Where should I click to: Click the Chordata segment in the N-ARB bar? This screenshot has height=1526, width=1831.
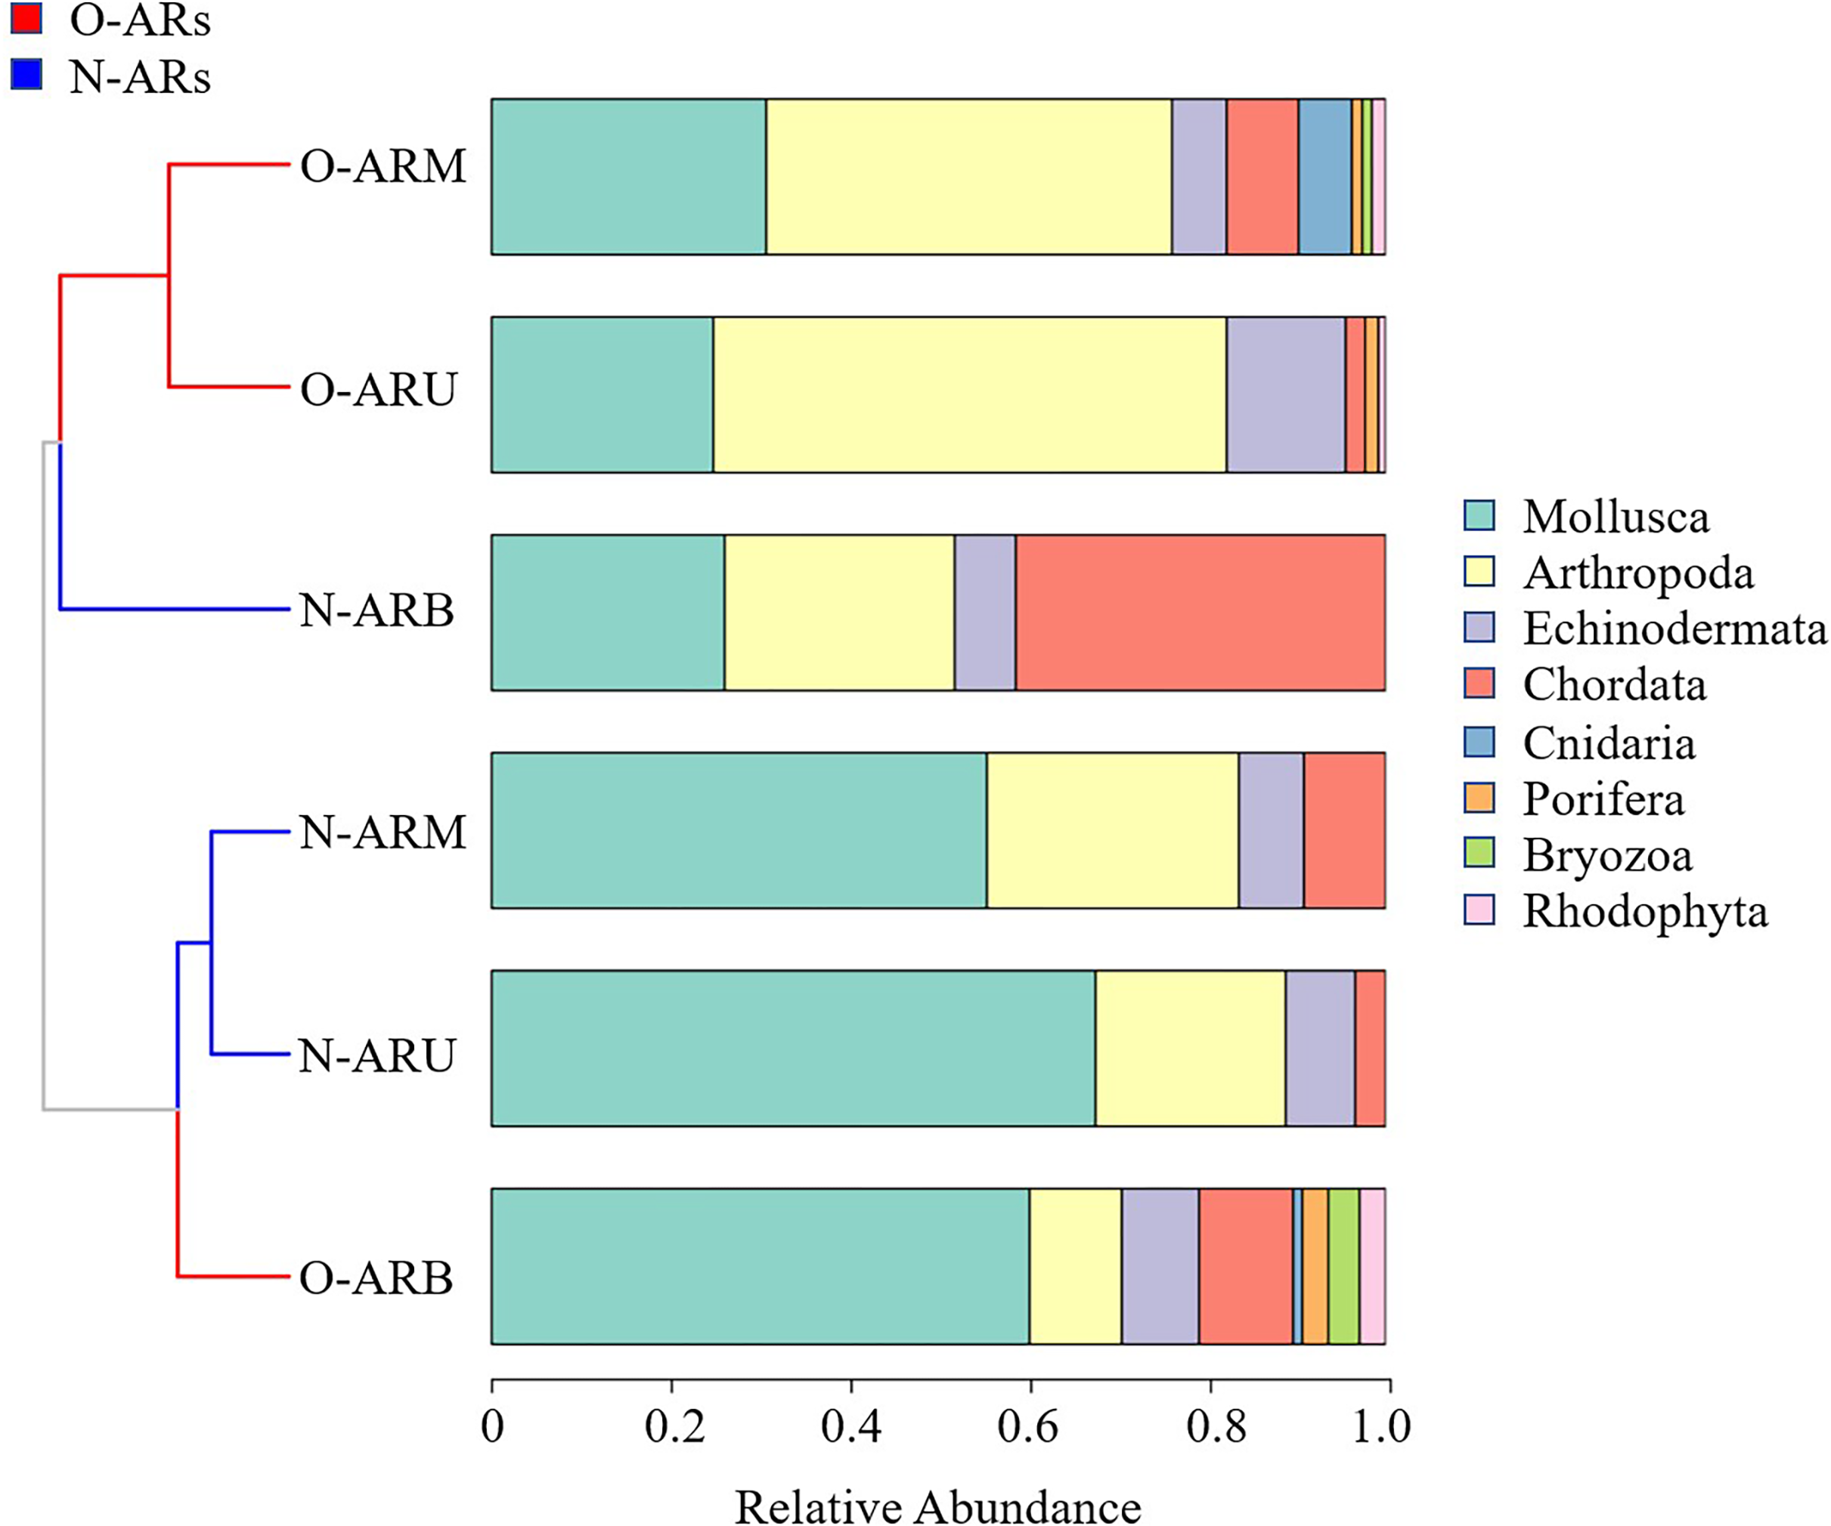1200,613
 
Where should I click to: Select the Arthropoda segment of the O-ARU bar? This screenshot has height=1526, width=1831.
970,395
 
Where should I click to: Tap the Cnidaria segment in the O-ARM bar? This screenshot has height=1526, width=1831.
1324,177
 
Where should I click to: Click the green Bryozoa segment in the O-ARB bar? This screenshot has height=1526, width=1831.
1343,1266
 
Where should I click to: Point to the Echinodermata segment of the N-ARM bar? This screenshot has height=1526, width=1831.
1272,830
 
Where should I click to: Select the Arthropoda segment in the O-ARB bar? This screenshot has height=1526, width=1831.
1075,1266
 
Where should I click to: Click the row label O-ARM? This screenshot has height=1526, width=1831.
383,165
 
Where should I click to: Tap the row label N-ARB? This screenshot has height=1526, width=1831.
376,610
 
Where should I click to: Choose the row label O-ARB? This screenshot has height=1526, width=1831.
376,1278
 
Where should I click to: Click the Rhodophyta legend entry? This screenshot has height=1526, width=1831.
1644,912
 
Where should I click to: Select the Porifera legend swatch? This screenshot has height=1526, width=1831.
1479,799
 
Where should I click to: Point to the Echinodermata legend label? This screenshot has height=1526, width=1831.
1674,629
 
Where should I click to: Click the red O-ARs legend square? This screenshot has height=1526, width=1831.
27,18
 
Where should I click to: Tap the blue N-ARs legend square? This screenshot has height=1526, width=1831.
27,74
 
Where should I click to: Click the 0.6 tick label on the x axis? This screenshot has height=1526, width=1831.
1028,1426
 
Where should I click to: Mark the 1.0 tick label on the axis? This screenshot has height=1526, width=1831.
1381,1426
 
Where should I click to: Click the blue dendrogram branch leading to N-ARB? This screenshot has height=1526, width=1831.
175,608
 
